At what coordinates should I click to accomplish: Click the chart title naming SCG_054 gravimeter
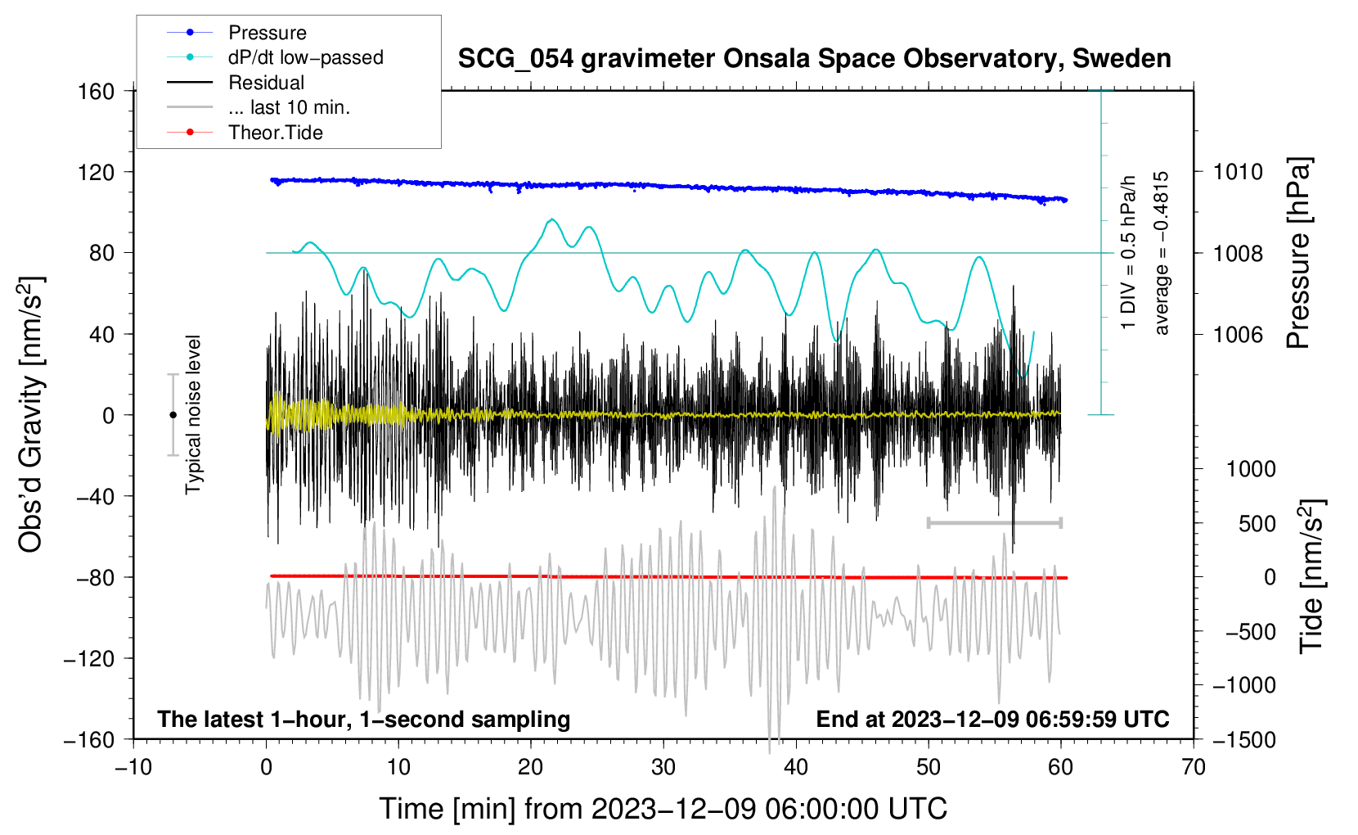(814, 59)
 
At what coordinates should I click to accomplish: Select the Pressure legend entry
(267, 33)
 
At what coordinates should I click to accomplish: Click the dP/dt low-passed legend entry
(305, 57)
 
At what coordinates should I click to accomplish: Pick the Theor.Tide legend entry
(275, 133)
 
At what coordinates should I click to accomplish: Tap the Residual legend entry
(266, 83)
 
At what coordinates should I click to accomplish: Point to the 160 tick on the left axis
(96, 91)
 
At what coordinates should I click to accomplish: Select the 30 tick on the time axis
(663, 768)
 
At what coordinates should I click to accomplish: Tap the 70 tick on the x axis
(1194, 768)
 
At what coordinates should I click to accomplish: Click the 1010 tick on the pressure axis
(1238, 172)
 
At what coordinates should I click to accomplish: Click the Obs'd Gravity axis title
(31, 414)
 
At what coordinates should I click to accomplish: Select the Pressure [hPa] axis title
(1298, 254)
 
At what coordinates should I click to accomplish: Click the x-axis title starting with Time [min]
(663, 809)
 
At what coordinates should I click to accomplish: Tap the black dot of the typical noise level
(173, 415)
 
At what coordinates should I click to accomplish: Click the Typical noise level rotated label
(193, 414)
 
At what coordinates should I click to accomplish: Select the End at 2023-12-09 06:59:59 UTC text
(992, 720)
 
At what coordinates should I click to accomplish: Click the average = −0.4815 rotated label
(1162, 253)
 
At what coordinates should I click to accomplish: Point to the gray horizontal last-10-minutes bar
(994, 522)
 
